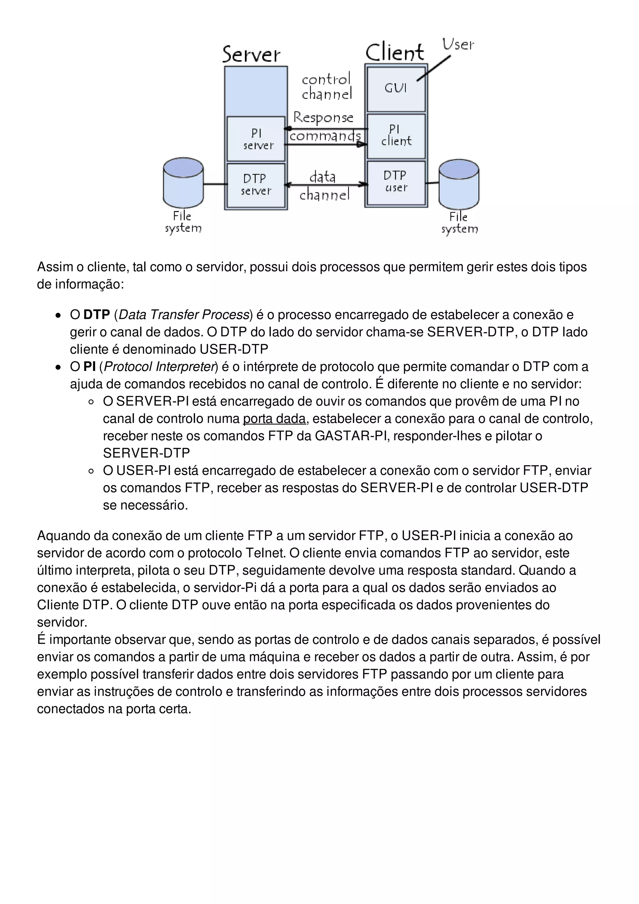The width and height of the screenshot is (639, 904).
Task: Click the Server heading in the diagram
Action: click(251, 54)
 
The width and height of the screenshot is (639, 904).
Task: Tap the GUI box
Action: click(396, 89)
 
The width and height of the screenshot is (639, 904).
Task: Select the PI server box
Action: click(256, 139)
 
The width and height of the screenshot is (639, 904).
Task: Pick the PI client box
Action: click(396, 135)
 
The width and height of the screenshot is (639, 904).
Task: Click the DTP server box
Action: click(256, 185)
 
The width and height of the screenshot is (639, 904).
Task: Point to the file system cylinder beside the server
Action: click(183, 183)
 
